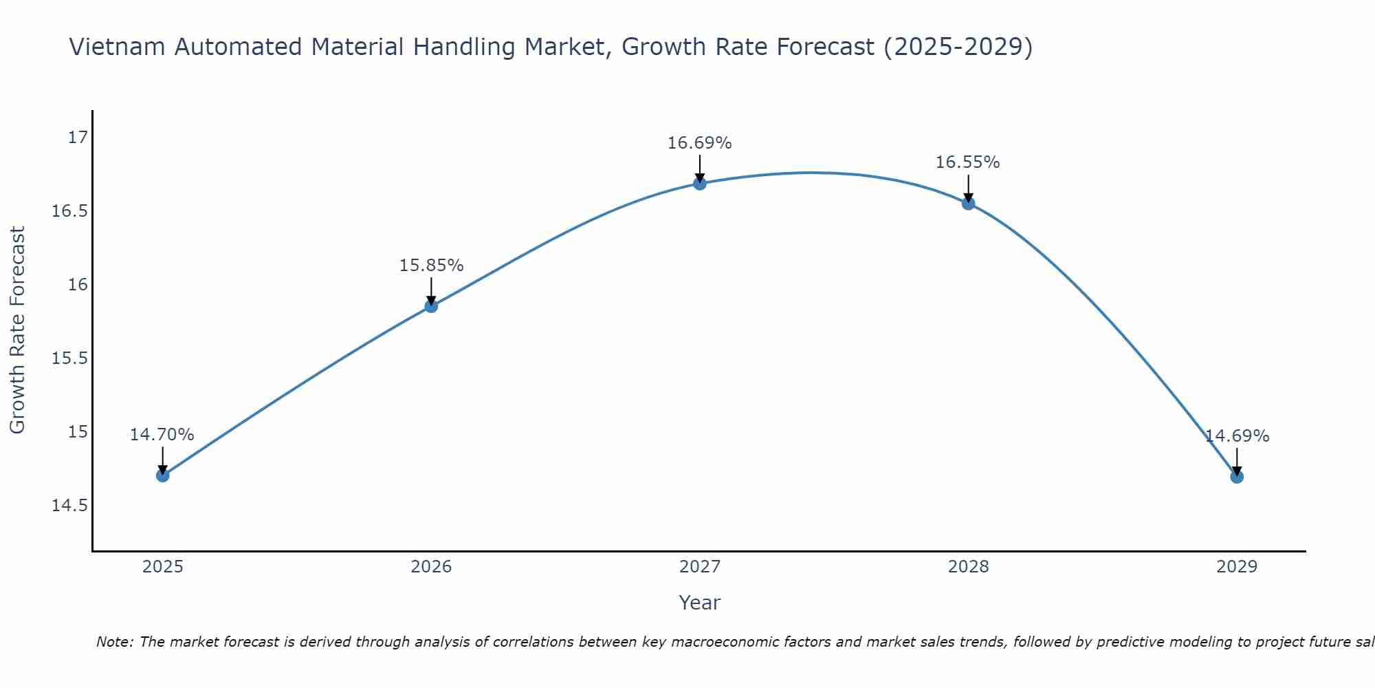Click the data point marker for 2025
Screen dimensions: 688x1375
coord(162,475)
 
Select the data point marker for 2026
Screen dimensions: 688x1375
coord(431,306)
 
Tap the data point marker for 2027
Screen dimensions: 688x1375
coord(700,183)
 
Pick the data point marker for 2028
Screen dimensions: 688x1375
coord(968,204)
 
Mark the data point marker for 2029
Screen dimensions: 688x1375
coord(1237,477)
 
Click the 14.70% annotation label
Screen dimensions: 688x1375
coord(162,435)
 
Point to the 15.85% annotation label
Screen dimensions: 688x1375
coord(431,266)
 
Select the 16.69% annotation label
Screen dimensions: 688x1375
coord(700,143)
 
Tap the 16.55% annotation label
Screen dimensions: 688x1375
coord(968,162)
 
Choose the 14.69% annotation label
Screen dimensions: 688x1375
coord(1237,436)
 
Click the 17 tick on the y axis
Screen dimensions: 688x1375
coord(78,138)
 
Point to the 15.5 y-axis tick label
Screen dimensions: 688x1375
coord(70,358)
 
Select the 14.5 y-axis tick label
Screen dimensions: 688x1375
coord(70,506)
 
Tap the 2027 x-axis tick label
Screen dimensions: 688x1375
coord(700,567)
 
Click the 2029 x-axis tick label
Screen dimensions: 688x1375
coord(1237,567)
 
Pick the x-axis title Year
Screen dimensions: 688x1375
coord(700,603)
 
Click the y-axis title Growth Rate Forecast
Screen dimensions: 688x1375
coord(17,330)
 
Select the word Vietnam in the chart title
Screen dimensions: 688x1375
coord(118,47)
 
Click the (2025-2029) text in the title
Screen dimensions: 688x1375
coord(958,47)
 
